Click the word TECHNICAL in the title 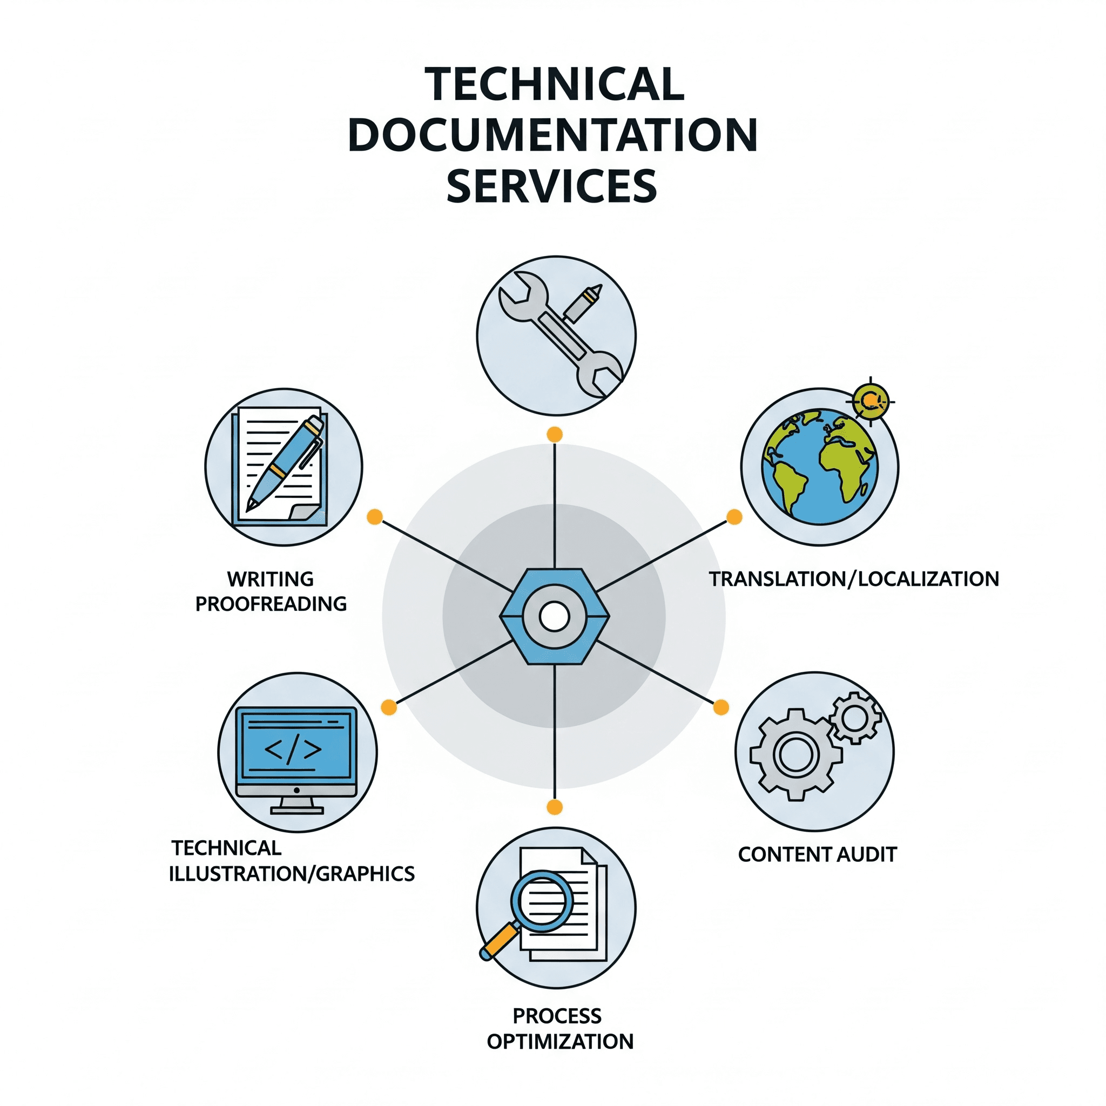point(554,84)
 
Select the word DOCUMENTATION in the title point(552,135)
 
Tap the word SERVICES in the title point(551,186)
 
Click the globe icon point(819,467)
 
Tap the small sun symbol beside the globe point(870,400)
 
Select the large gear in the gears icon point(795,753)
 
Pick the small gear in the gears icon point(855,718)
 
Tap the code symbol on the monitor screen point(293,750)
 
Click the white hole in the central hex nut point(554,617)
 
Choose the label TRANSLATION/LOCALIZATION point(854,579)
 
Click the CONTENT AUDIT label point(817,854)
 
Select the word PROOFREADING point(271,603)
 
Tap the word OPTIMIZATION point(560,1041)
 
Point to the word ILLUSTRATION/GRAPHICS point(292,874)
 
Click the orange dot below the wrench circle point(554,435)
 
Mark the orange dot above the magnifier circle point(554,807)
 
